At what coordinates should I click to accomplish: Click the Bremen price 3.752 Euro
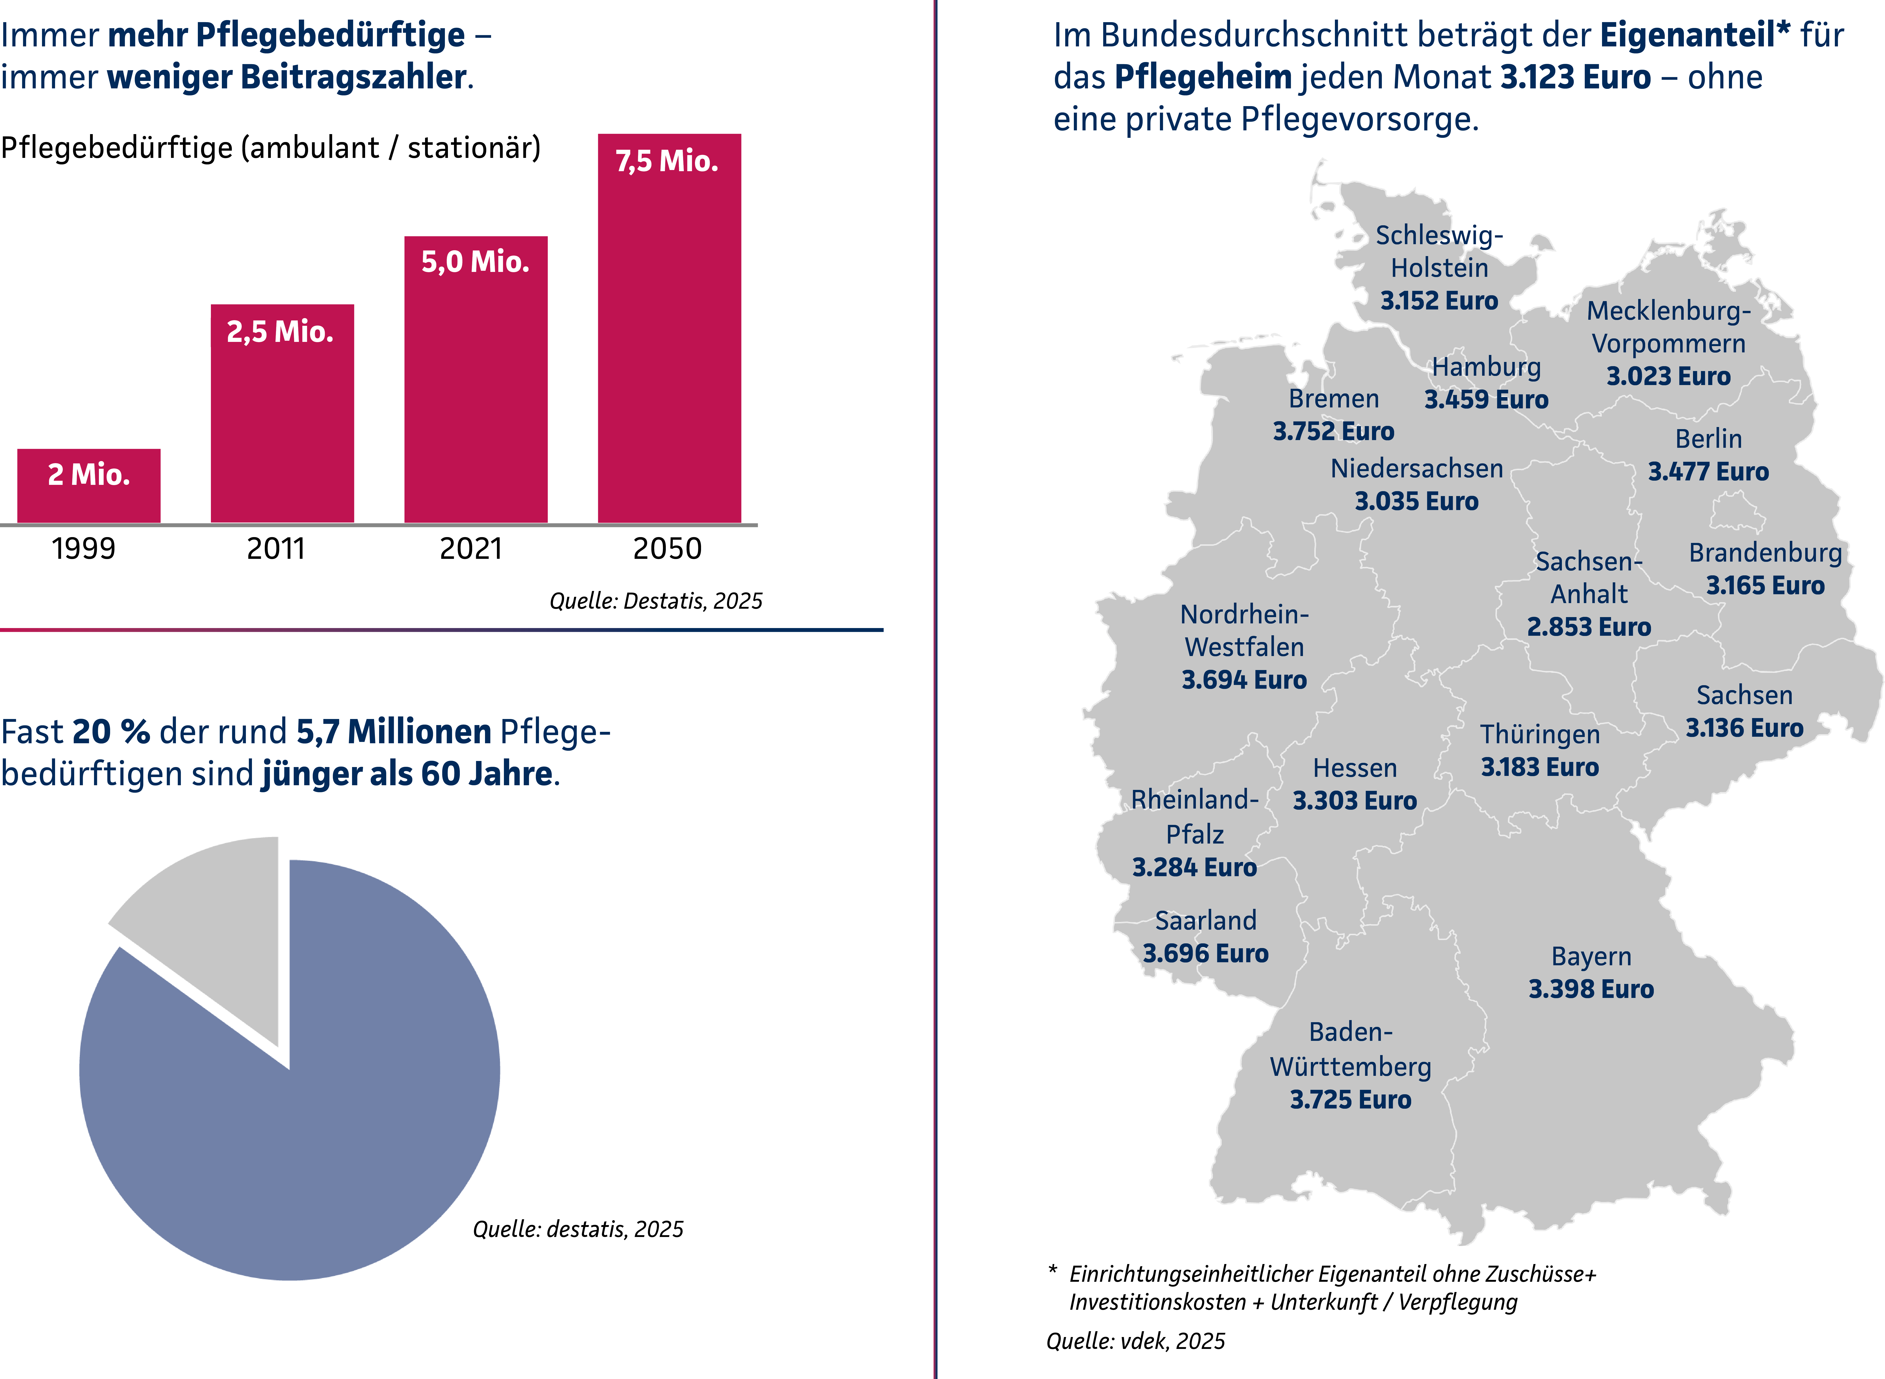[x=1333, y=431]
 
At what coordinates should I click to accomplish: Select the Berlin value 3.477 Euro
[x=1708, y=472]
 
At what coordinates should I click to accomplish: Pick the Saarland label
[x=1205, y=921]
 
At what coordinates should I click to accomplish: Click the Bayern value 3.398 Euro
[x=1590, y=989]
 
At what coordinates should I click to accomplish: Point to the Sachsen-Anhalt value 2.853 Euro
[x=1589, y=627]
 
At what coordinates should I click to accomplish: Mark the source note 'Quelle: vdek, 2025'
[x=1135, y=1341]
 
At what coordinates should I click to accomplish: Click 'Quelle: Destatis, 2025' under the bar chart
[x=655, y=601]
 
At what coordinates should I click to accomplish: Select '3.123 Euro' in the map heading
[x=1575, y=77]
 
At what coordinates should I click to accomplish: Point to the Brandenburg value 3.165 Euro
[x=1765, y=585]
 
